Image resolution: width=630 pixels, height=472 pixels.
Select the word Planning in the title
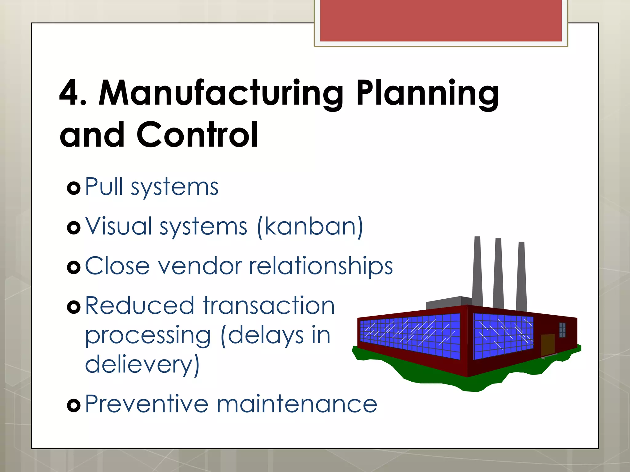tap(428, 93)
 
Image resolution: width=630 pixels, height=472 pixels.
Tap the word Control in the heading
tap(197, 135)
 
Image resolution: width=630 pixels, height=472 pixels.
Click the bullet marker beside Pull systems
tap(74, 188)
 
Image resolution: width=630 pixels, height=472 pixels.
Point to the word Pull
tap(104, 186)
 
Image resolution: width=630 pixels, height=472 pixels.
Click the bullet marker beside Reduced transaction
tap(74, 307)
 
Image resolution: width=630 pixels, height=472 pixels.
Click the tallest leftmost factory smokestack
tap(477, 270)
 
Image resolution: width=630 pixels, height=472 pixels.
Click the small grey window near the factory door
tap(562, 330)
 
